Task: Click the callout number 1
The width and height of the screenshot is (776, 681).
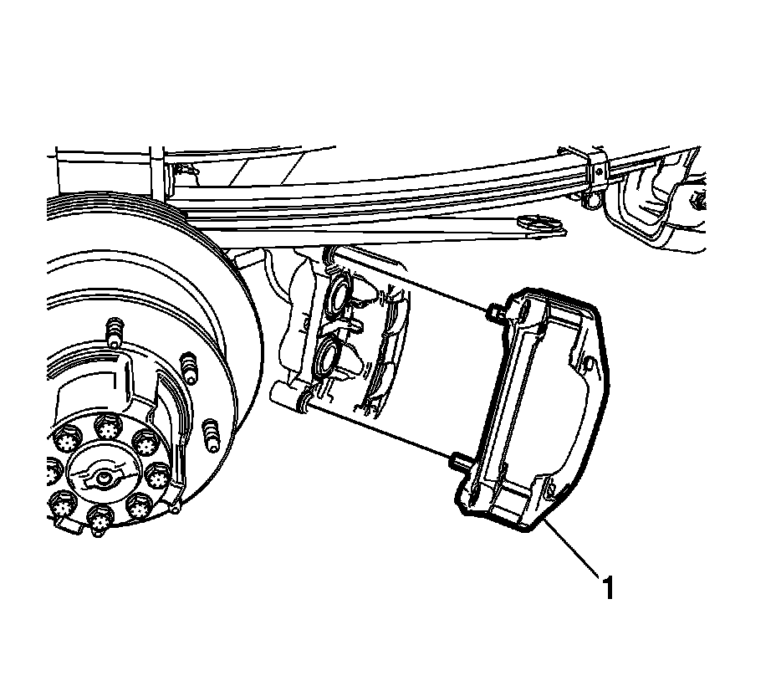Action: pos(609,588)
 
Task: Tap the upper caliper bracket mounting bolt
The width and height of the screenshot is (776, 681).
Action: pos(493,313)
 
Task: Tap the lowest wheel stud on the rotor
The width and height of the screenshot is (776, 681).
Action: pos(210,436)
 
